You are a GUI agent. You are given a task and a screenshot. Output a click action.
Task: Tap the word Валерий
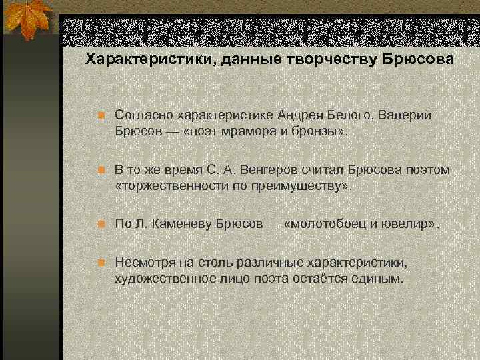tap(406, 115)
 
